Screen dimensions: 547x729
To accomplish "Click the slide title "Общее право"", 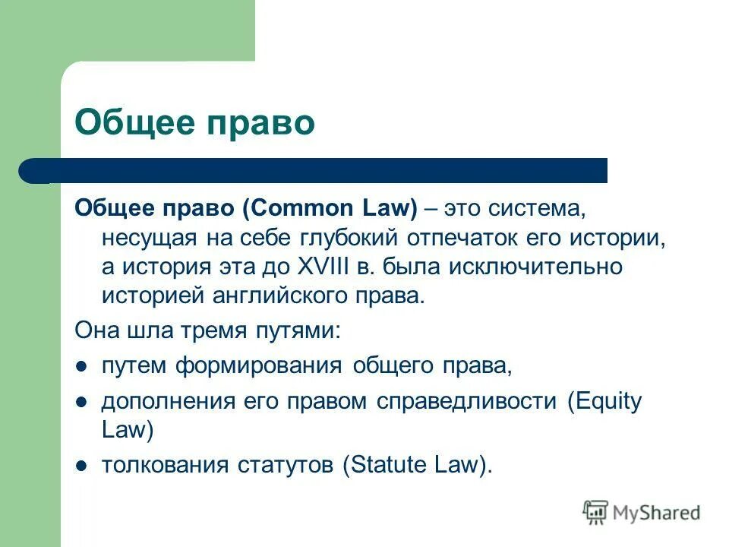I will coord(194,123).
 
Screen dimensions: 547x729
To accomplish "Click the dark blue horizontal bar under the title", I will coord(313,171).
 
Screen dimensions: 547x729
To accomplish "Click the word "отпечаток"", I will coord(460,237).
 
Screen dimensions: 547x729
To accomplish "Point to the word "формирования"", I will coord(260,365).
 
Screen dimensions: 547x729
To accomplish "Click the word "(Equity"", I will coord(605,400).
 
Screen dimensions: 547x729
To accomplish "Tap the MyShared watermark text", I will coord(658,514).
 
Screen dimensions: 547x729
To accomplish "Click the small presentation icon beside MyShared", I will coord(595,513).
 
